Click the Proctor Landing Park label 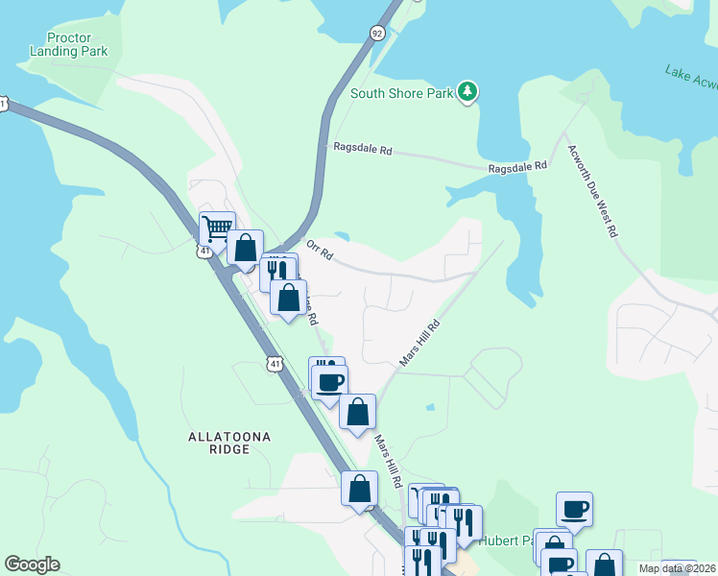(x=68, y=44)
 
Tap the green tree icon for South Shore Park (x=467, y=92)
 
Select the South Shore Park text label (x=401, y=93)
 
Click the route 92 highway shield (x=376, y=32)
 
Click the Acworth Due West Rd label (x=592, y=191)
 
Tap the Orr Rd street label (x=319, y=250)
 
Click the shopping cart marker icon (x=218, y=229)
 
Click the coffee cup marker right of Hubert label (x=574, y=509)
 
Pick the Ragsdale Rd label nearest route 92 (x=363, y=150)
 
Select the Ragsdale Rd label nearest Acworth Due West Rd (x=516, y=166)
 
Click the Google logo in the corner (x=32, y=564)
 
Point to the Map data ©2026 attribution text (x=677, y=568)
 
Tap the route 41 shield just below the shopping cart (x=203, y=251)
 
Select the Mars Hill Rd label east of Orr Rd (x=419, y=343)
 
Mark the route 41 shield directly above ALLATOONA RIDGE (x=275, y=364)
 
